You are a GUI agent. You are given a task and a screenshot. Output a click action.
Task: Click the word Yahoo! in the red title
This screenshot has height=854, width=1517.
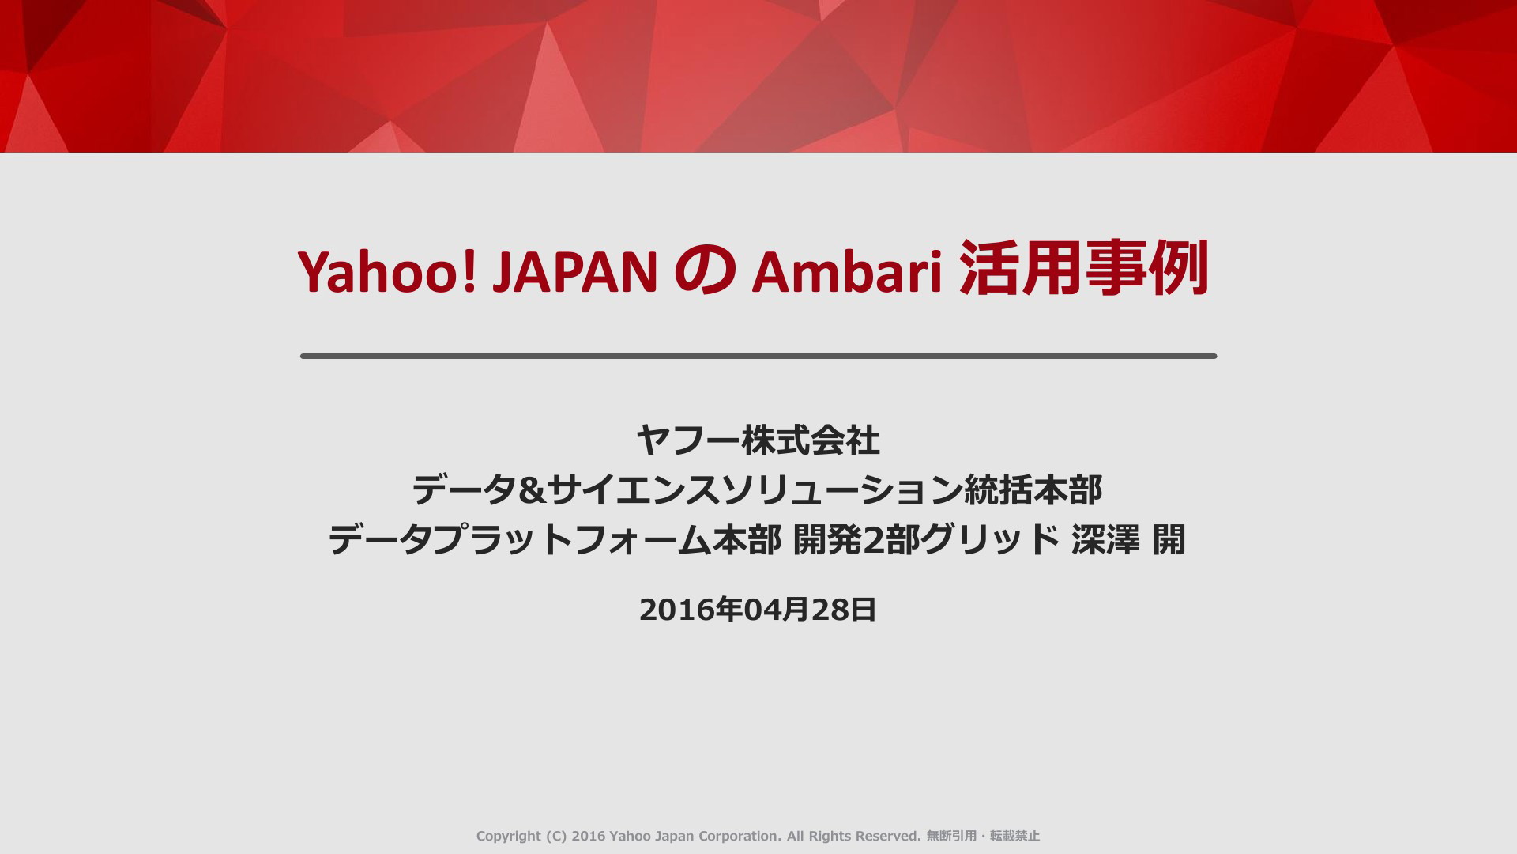(x=387, y=272)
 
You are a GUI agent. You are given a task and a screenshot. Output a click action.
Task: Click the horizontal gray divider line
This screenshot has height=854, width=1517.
(x=758, y=357)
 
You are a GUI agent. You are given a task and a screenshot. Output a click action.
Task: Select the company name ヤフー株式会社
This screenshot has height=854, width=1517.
(x=758, y=440)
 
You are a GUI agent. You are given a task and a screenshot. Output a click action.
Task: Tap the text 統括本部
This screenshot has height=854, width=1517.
(x=1033, y=491)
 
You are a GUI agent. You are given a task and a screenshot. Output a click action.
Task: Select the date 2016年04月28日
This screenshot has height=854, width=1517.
(x=758, y=610)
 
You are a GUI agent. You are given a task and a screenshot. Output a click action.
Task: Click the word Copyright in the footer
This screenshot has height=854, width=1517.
(x=508, y=836)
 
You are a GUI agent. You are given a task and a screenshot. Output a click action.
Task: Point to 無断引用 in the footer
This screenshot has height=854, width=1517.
(x=951, y=836)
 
